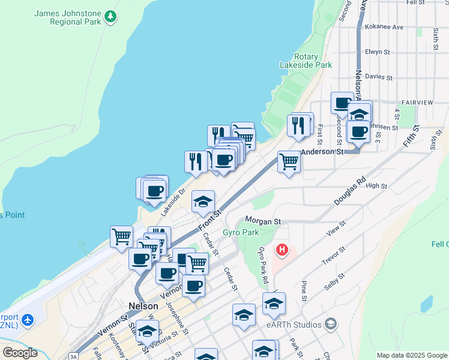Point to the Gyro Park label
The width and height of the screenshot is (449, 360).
pos(241,232)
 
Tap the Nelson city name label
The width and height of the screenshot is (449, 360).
pos(143,305)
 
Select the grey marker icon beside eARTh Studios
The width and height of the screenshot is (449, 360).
pos(330,325)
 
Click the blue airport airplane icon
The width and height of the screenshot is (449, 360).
pos(26,320)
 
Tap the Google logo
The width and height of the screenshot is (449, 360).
pos(20,353)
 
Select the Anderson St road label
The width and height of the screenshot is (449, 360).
pos(322,152)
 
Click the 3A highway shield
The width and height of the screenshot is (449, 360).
pos(73,356)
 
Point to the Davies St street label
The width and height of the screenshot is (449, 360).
pos(379,77)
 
